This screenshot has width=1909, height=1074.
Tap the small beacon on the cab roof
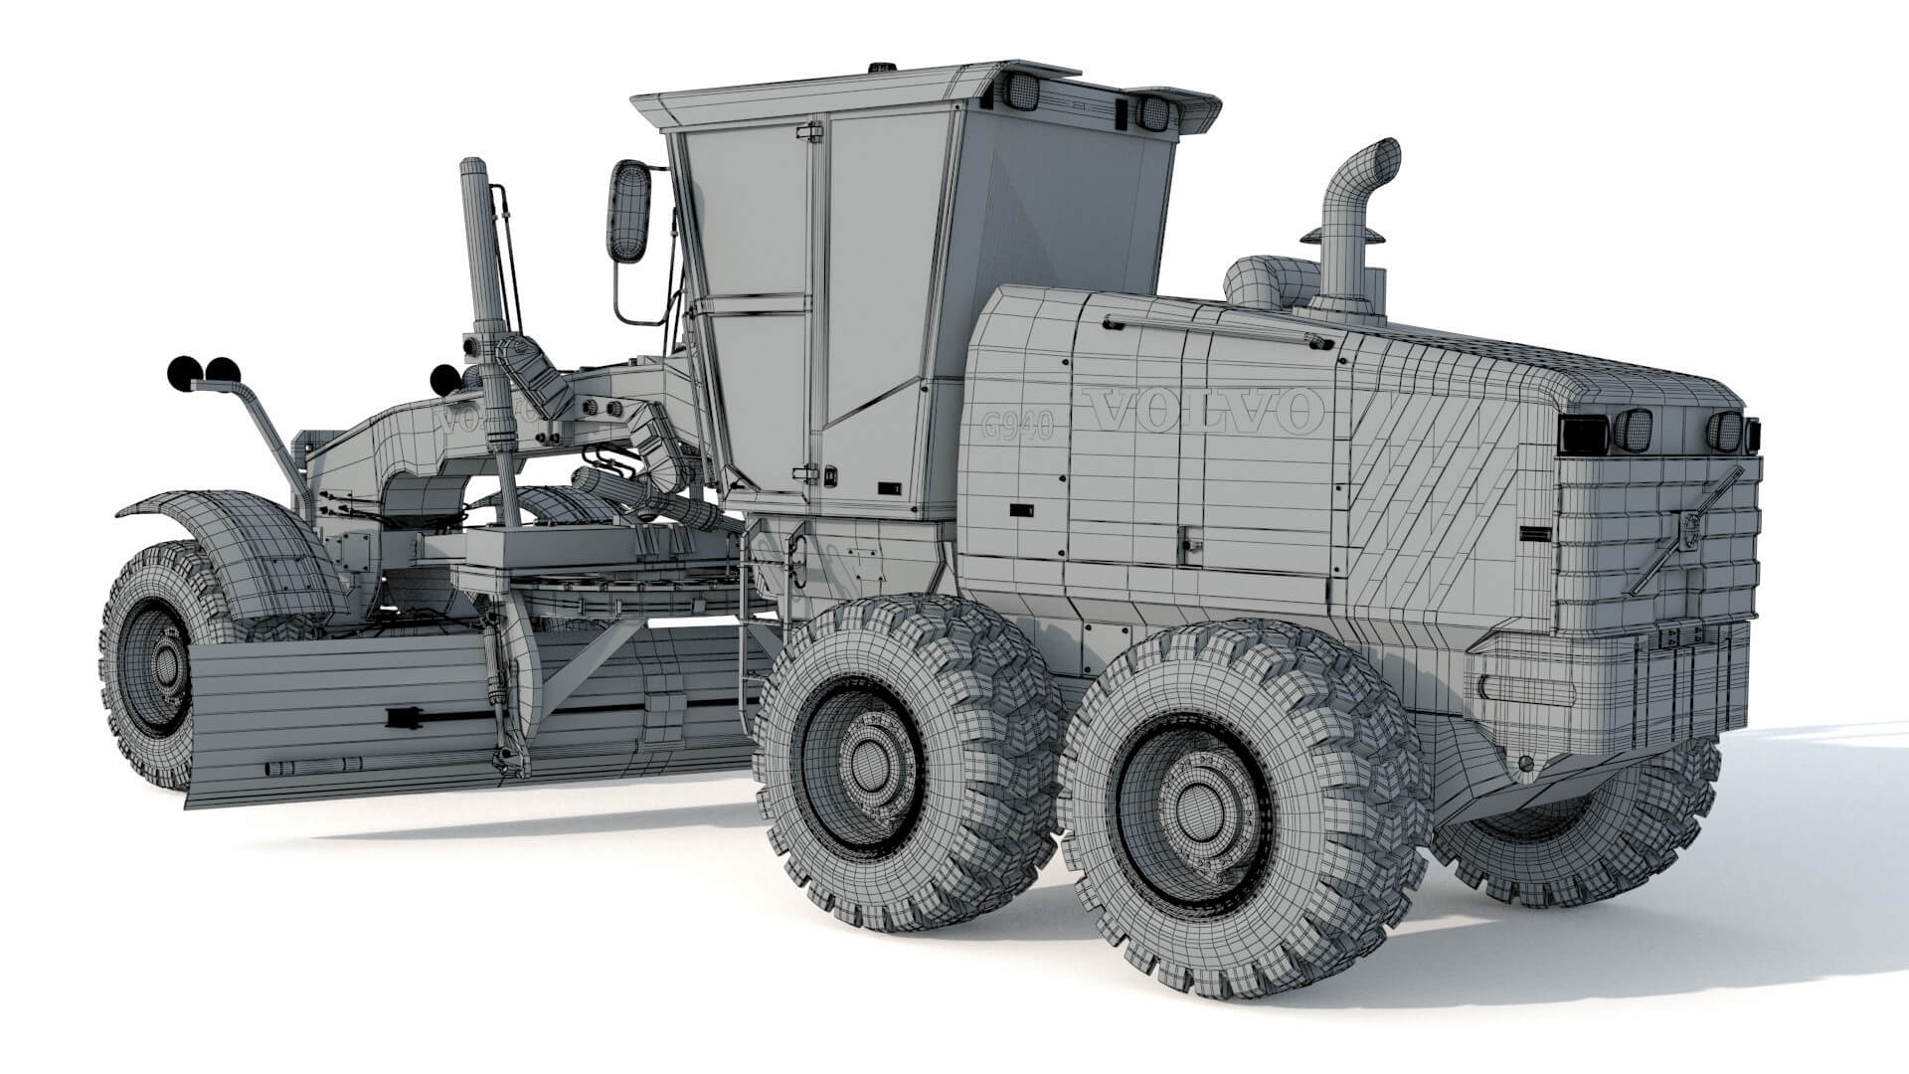tap(880, 69)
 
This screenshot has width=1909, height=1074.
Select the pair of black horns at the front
tap(204, 373)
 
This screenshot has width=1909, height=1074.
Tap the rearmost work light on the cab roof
tap(1153, 112)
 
